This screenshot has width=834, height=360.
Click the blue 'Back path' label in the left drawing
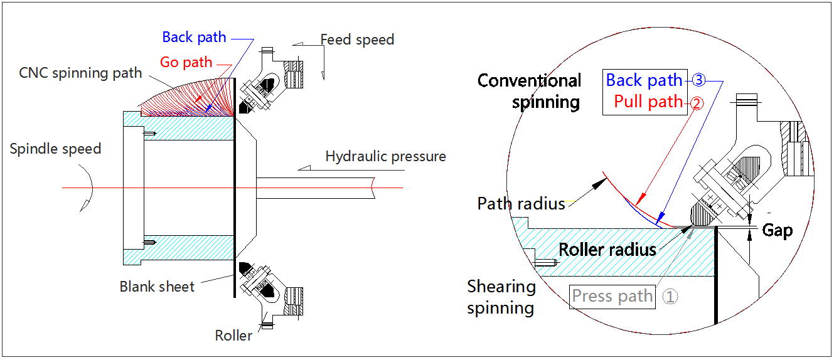click(x=194, y=37)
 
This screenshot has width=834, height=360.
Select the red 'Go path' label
click(x=186, y=62)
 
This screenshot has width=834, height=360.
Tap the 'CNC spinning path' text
click(x=80, y=73)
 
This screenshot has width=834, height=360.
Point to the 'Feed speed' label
click(x=357, y=40)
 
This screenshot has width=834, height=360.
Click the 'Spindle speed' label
click(x=55, y=149)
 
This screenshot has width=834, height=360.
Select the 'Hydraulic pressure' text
click(x=385, y=156)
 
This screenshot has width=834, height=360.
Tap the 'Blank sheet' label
click(x=157, y=287)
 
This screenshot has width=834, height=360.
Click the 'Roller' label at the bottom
click(x=233, y=336)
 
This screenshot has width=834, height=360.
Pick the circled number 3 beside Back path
click(x=699, y=80)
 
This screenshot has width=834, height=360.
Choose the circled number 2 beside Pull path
click(x=695, y=102)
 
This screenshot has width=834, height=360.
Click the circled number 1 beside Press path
click(x=670, y=297)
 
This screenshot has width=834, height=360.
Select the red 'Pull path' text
click(x=648, y=102)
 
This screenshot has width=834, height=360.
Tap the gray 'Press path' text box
click(x=612, y=296)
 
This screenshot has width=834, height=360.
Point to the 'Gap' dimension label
click(x=777, y=230)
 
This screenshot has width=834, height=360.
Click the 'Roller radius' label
click(x=607, y=250)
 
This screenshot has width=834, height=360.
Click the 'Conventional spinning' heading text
click(x=530, y=91)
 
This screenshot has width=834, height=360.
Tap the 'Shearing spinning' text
click(x=501, y=297)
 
